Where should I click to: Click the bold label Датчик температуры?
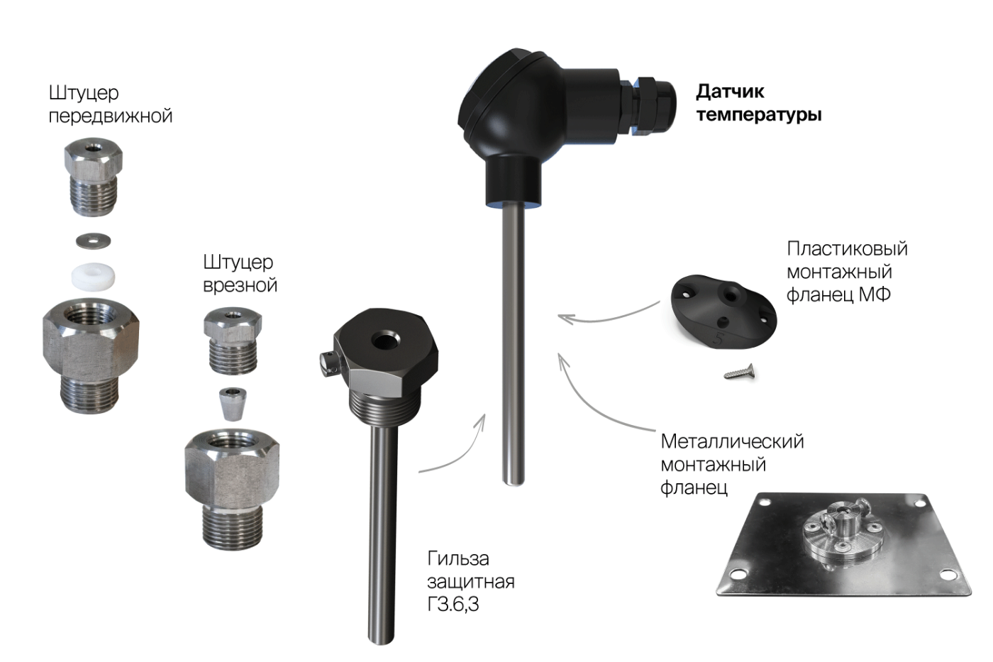[x=758, y=103]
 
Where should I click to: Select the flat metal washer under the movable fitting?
[x=94, y=241]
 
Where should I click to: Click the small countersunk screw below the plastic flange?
[x=739, y=372]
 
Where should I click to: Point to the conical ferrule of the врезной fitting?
[x=233, y=404]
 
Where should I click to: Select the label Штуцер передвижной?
[x=111, y=104]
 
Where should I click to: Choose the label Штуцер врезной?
[x=240, y=274]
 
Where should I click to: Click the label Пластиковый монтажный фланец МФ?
[x=847, y=271]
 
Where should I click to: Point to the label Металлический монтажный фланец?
[x=732, y=464]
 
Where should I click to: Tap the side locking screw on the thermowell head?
[x=331, y=363]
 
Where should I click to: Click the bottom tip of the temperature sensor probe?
[x=514, y=485]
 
